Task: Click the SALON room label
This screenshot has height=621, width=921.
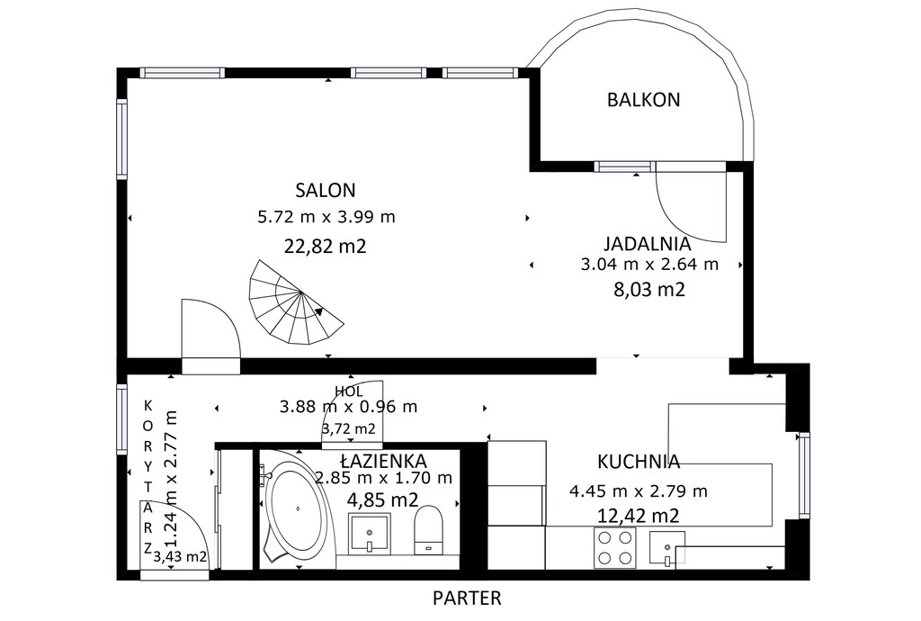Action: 326,191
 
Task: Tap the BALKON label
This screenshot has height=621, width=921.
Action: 643,100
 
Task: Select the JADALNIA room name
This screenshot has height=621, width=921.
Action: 648,243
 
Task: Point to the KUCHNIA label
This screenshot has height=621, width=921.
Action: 639,462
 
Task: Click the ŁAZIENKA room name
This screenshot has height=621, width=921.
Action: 383,460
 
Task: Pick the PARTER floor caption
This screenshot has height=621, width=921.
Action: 467,598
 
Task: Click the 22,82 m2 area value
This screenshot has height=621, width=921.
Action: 326,246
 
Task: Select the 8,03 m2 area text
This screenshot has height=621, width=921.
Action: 649,290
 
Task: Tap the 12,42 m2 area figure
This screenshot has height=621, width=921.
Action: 639,516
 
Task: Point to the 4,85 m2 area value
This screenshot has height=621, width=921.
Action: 383,500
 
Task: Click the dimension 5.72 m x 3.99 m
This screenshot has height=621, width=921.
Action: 326,217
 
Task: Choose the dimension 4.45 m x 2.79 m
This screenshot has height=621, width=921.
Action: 639,490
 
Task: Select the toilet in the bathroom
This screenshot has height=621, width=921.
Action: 428,530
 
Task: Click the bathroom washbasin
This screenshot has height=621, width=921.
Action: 370,534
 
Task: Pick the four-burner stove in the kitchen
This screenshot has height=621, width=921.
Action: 615,547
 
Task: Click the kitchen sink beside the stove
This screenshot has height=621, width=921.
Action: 667,547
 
